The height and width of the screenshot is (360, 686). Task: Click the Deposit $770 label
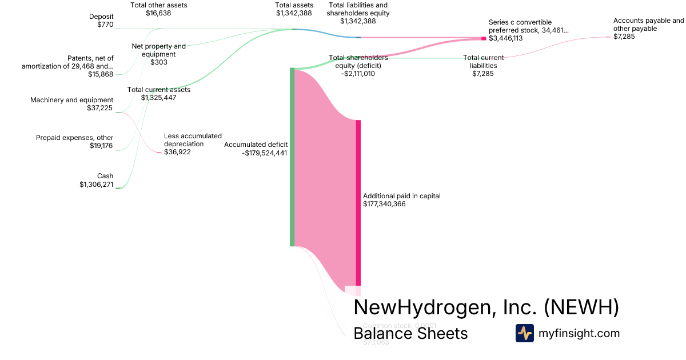point(101,21)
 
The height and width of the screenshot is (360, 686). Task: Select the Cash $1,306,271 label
point(97,180)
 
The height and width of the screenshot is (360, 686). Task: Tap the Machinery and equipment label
point(71,104)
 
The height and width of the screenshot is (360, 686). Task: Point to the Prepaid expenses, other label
point(74,142)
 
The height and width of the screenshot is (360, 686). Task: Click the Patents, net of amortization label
point(67,66)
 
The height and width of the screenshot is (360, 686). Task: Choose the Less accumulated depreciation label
point(193,144)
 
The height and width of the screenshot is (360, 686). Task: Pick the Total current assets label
point(159,93)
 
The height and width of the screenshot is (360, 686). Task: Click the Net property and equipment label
point(159,54)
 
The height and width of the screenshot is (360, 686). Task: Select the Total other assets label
point(159,9)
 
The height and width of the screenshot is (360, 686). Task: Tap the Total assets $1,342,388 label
point(294,9)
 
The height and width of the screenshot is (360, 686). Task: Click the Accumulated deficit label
point(256,149)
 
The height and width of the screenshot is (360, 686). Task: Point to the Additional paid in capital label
point(401,199)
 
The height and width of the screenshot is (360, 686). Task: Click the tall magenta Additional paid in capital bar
point(358,206)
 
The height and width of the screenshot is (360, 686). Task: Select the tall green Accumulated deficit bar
point(292,157)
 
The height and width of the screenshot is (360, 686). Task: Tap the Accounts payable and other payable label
point(648,29)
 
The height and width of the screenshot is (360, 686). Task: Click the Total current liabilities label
point(484,66)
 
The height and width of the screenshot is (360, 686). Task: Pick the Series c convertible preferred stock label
point(529,30)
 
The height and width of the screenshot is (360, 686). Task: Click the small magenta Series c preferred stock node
point(484,38)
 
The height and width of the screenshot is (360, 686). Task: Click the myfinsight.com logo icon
point(525,333)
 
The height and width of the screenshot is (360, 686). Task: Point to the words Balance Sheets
point(410,333)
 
